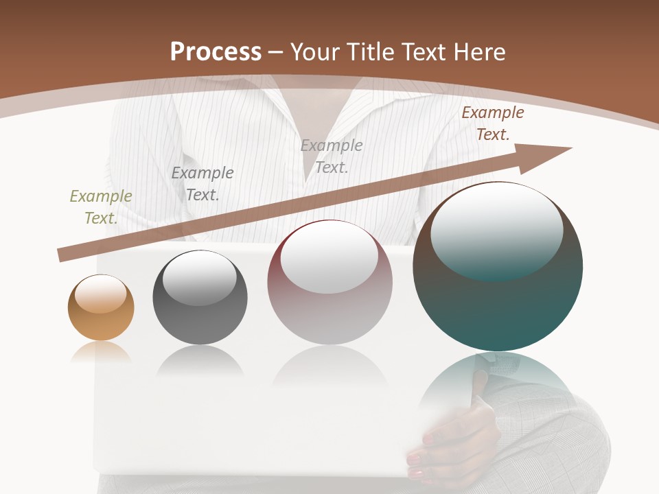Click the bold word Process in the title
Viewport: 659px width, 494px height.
tap(216, 51)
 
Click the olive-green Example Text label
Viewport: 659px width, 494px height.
tap(101, 207)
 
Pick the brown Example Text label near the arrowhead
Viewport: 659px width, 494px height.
tap(492, 123)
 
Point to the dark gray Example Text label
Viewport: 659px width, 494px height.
tap(203, 183)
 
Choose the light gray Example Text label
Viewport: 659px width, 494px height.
tap(332, 156)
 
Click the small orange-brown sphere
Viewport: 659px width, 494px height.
tap(101, 307)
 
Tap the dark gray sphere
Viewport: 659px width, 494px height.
tap(200, 298)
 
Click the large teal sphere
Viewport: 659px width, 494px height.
tap(498, 266)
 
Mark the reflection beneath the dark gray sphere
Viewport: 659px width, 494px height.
tap(200, 361)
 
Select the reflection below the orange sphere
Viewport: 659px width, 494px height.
tap(101, 352)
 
